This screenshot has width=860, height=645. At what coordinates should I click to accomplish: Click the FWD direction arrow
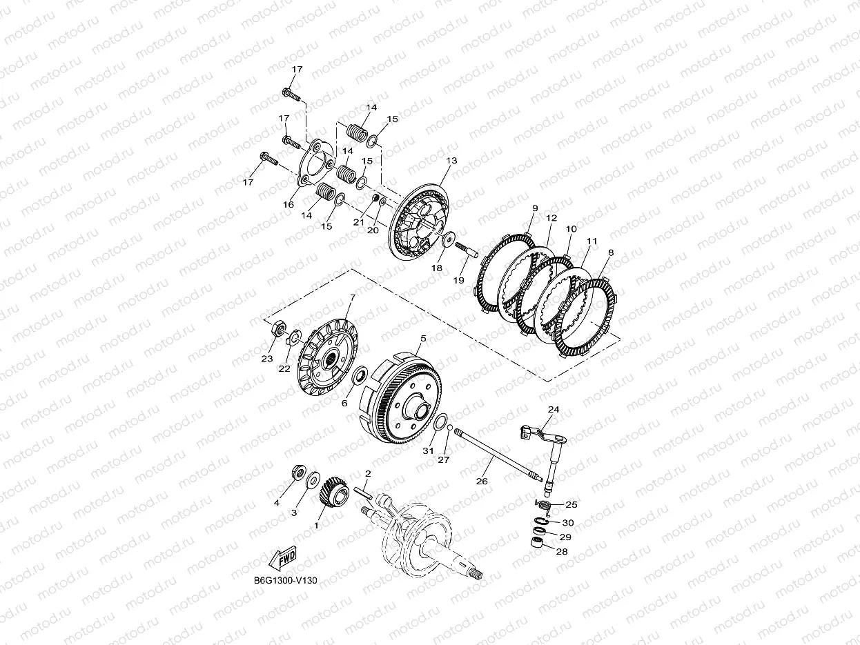(x=282, y=559)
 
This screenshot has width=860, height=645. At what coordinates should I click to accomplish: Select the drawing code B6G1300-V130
(x=286, y=580)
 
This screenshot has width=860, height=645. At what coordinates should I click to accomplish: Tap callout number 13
(x=452, y=161)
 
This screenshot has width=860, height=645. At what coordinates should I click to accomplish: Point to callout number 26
(x=482, y=481)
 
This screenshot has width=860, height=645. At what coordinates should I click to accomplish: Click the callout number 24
(x=554, y=410)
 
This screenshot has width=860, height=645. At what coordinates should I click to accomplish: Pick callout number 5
(x=423, y=338)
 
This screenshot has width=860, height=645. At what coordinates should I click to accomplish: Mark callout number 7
(x=353, y=298)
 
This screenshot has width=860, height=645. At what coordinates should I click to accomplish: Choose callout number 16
(x=289, y=204)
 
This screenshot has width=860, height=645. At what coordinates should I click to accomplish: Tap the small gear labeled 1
(x=334, y=492)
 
